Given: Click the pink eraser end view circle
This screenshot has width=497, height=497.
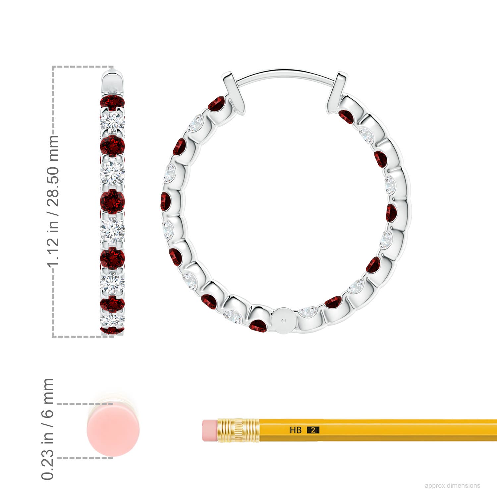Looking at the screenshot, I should [113, 430].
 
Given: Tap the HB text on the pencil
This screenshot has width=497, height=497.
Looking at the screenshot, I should [296, 430].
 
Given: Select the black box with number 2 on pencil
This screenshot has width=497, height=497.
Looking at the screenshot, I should [313, 430].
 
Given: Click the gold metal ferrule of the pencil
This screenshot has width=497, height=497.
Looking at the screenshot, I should [238, 430].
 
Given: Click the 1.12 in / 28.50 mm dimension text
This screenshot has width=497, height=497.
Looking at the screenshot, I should [53, 201].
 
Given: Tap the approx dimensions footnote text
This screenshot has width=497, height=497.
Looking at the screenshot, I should [452, 485].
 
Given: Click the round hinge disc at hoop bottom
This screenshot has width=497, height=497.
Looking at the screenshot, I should [283, 320].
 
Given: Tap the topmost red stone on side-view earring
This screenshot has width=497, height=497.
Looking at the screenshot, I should [113, 102].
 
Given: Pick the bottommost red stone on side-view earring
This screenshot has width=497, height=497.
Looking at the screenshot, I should [112, 330].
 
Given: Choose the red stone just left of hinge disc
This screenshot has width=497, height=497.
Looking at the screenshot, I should [258, 325].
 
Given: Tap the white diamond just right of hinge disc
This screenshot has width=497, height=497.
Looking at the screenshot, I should [308, 311].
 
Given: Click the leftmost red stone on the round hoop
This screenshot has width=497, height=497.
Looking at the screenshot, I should [165, 201].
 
